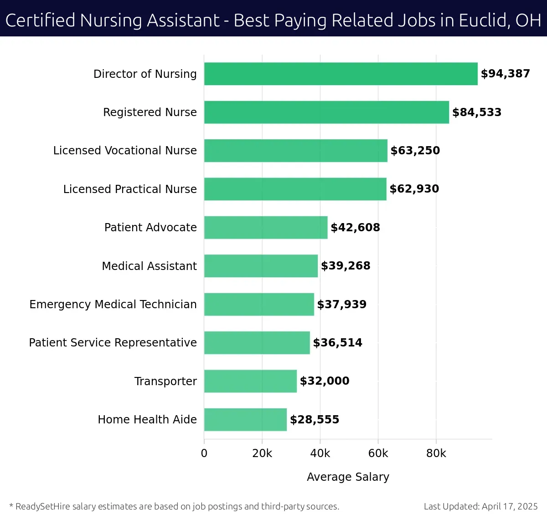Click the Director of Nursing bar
pos(341,74)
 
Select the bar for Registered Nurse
pos(326,112)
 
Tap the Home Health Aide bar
pos(245,419)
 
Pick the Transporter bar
pos(250,381)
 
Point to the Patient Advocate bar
pos(266,227)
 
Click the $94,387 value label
pos(505,74)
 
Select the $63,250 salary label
pos(415,151)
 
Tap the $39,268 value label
pos(346,266)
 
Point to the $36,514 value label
pos(337,343)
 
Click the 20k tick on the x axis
pos(262,453)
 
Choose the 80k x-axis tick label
pos(436,453)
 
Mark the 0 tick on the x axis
pos(204,453)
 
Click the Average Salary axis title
pos(348,477)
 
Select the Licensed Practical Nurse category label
pos(130,189)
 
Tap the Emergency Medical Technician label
pos(113,304)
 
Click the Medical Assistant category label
pos(149,266)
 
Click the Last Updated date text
pos(480,506)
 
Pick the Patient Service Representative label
pos(113,342)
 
